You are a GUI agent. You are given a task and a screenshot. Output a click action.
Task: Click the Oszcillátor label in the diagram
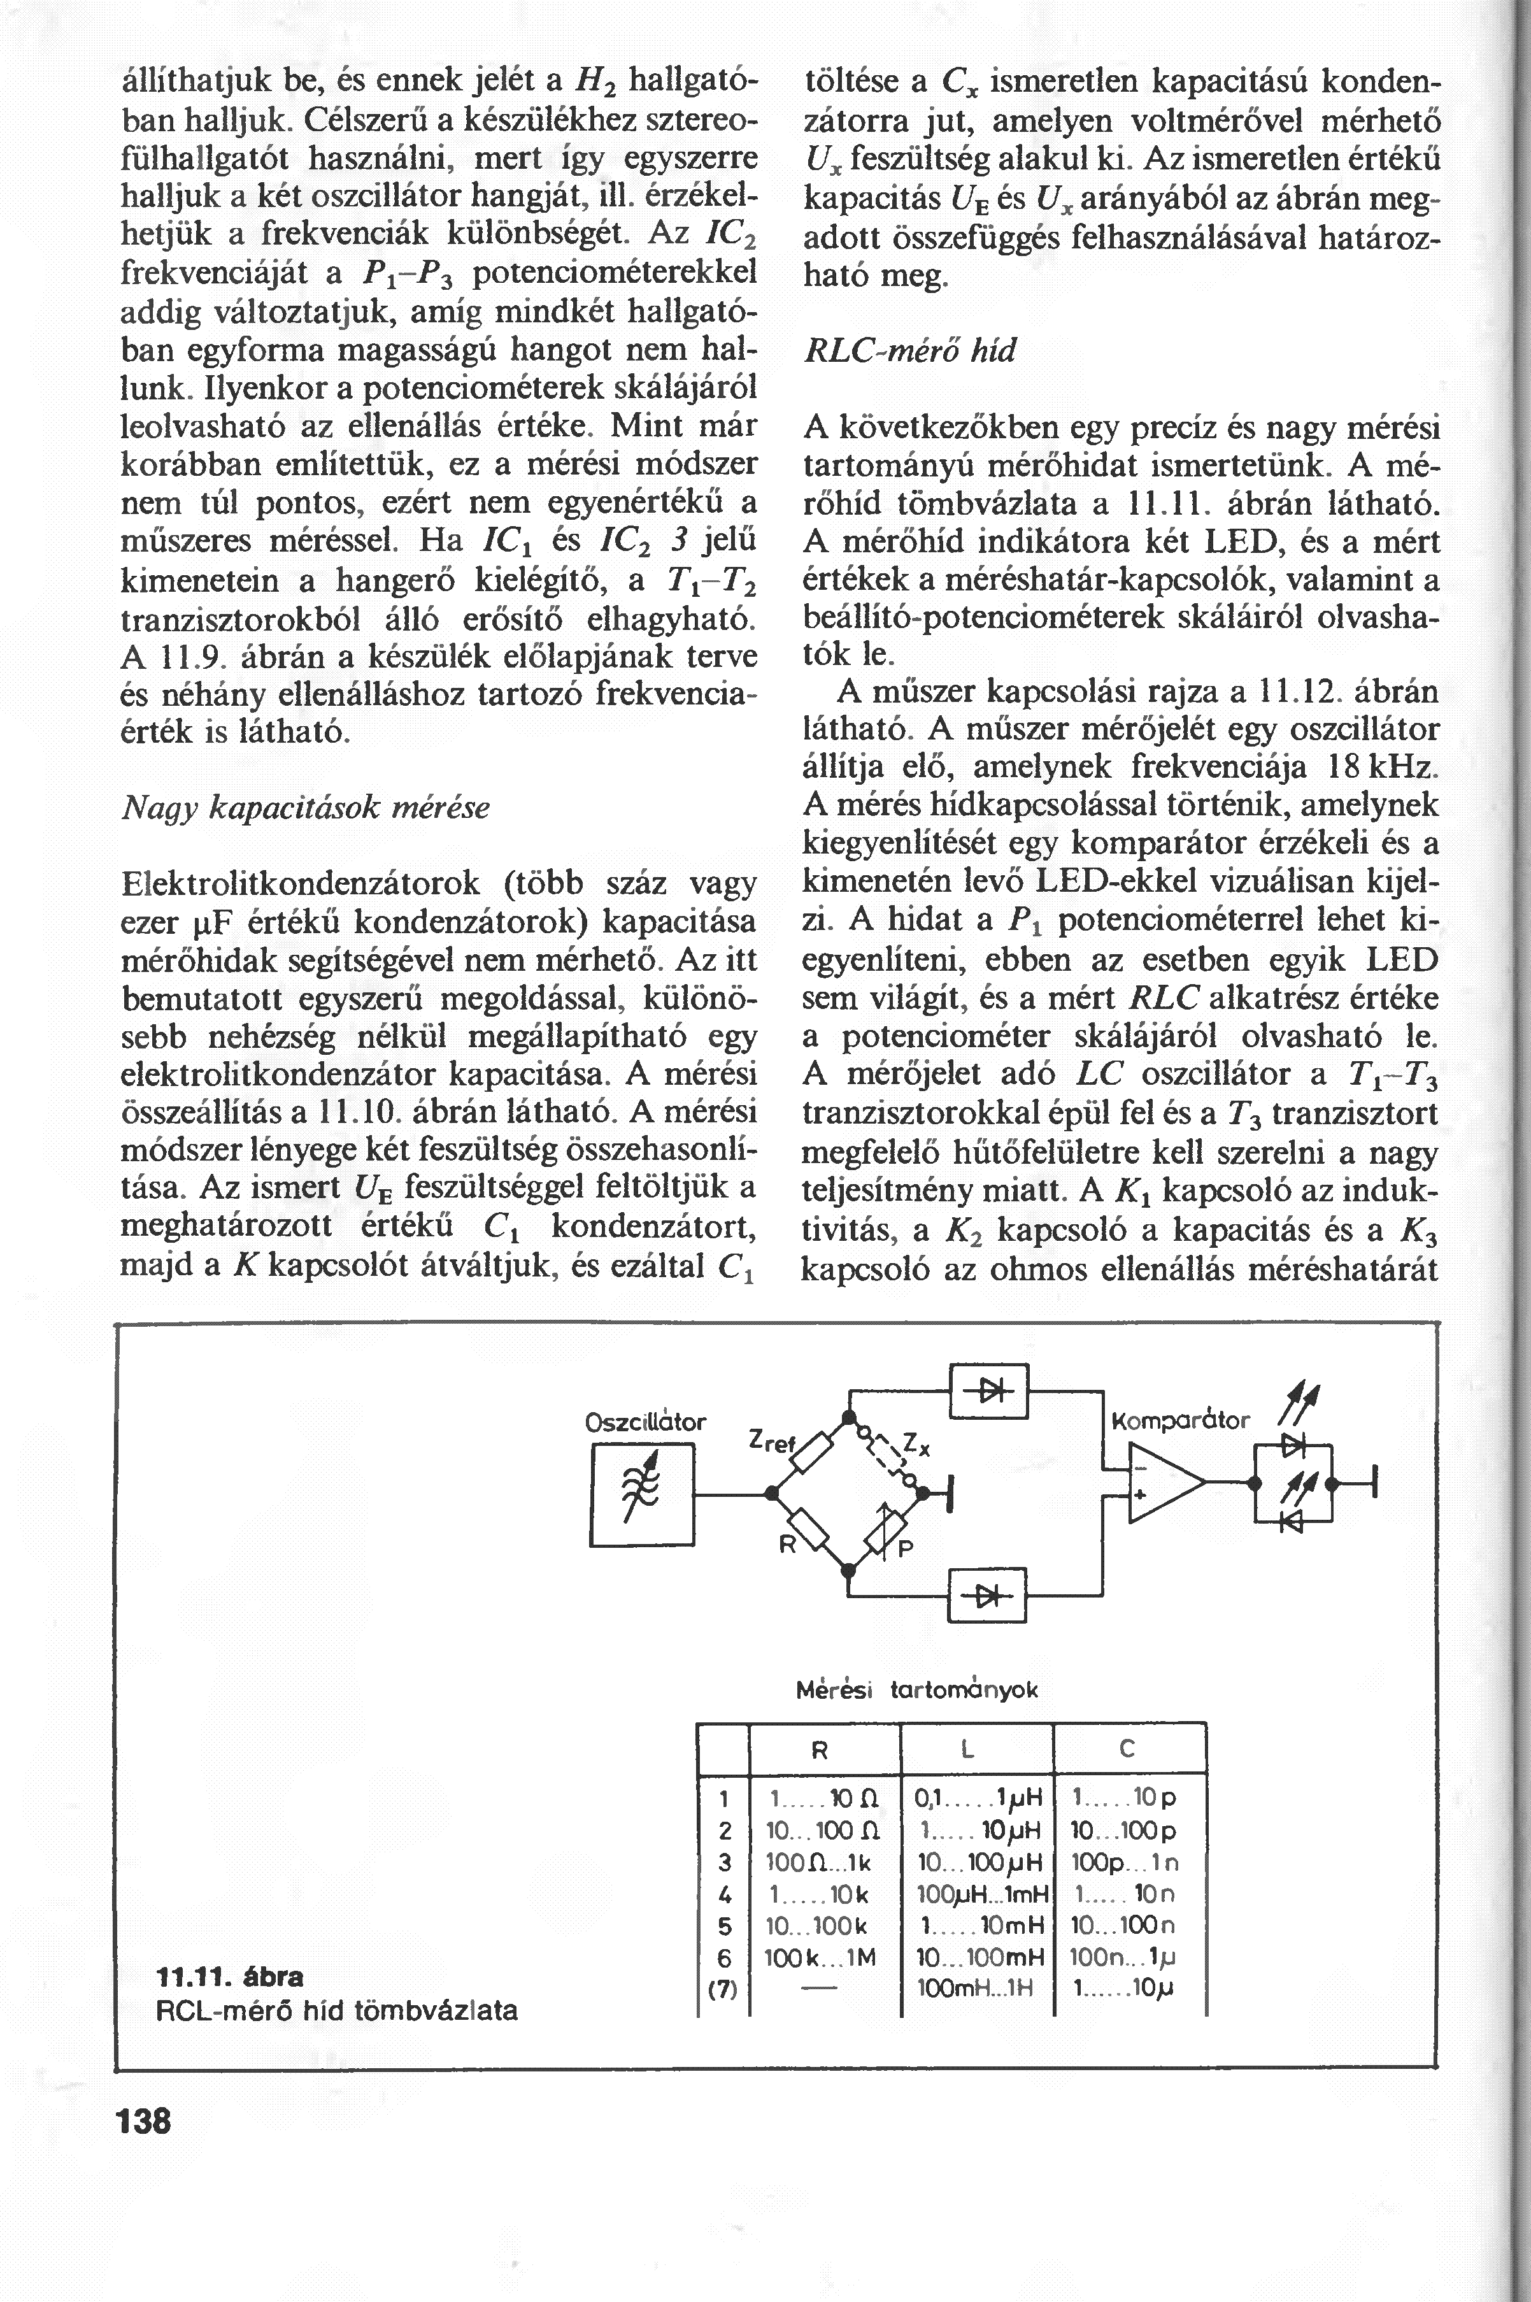click(x=645, y=1421)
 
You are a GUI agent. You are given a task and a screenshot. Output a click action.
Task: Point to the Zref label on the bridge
click(x=773, y=1441)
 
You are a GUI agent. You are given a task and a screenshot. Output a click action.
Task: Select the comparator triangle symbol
click(x=1165, y=1480)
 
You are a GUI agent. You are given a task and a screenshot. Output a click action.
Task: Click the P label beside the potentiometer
click(x=904, y=1548)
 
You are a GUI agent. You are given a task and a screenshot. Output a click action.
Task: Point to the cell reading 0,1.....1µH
click(x=978, y=1797)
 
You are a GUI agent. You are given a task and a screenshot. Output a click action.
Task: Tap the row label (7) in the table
click(x=723, y=1989)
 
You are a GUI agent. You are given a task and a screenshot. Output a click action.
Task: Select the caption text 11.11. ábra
click(x=229, y=1977)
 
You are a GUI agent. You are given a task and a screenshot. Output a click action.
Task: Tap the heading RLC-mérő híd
click(x=908, y=350)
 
